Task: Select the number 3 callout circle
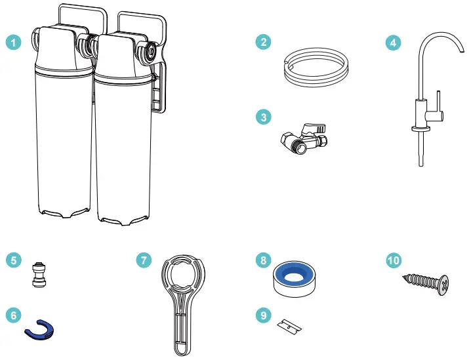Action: tap(264, 117)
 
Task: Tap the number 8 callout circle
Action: tap(264, 260)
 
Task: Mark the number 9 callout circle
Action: tap(264, 315)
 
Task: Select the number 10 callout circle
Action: tap(394, 260)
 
